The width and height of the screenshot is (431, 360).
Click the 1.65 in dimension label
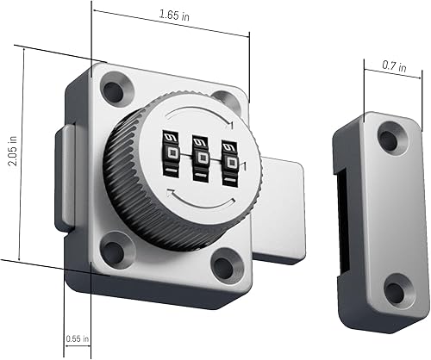click(x=176, y=16)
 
